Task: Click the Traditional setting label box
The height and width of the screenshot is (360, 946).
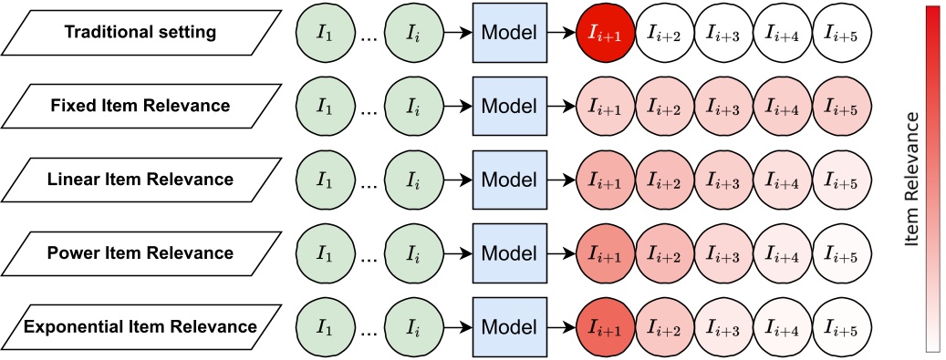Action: pyautogui.click(x=140, y=33)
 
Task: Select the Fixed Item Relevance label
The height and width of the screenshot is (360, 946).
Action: pyautogui.click(x=140, y=106)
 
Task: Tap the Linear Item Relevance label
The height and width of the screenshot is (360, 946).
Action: pyautogui.click(x=140, y=179)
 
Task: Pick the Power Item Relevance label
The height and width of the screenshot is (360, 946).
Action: pyautogui.click(x=140, y=252)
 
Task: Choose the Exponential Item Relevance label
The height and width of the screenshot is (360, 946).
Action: pyautogui.click(x=140, y=324)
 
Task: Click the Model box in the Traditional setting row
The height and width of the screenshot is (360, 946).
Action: pyautogui.click(x=508, y=33)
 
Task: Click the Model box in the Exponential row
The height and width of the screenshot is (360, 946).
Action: pyautogui.click(x=508, y=324)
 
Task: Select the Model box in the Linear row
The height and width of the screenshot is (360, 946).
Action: pyautogui.click(x=508, y=179)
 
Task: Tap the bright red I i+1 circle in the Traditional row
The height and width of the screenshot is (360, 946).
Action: pyautogui.click(x=607, y=33)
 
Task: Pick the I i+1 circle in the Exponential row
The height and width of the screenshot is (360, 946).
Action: pyautogui.click(x=607, y=324)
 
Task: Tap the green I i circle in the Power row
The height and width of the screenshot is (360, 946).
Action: pyautogui.click(x=414, y=252)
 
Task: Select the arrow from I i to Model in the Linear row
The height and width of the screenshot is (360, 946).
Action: pyautogui.click(x=458, y=179)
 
